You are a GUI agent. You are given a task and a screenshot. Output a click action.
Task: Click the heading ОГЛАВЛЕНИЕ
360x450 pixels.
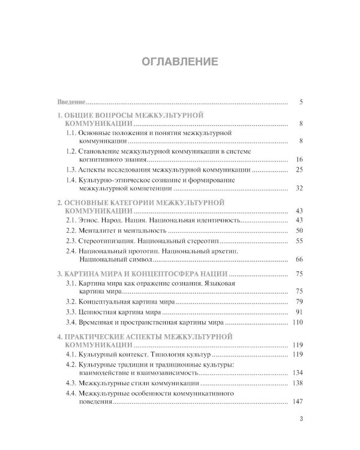click(x=179, y=61)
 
